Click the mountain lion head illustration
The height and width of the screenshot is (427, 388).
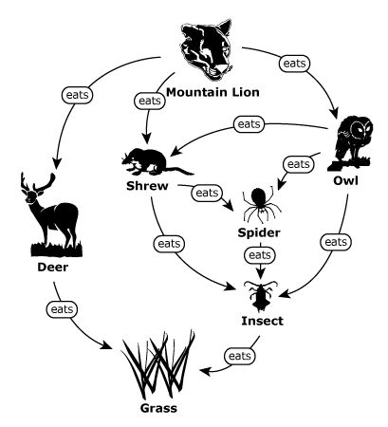206,50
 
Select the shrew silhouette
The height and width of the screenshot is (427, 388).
156,161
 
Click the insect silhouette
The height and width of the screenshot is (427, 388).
261,295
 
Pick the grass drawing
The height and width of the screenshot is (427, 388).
158,364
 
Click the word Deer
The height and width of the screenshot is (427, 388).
53,268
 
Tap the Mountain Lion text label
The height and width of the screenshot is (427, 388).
212,92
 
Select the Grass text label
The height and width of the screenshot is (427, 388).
158,408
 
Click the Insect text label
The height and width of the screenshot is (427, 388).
262,321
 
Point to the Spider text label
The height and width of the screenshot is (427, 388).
259,233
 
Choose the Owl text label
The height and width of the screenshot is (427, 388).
345,181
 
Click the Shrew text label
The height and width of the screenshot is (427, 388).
147,186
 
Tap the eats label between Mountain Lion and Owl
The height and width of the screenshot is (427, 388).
294,64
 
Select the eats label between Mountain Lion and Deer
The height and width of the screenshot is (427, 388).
78,95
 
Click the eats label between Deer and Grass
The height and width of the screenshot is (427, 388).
62,309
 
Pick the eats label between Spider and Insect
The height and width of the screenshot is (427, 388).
260,255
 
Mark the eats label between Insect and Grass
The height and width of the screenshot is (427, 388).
240,356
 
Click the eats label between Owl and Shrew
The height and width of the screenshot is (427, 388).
249,124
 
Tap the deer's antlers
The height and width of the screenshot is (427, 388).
38,182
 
